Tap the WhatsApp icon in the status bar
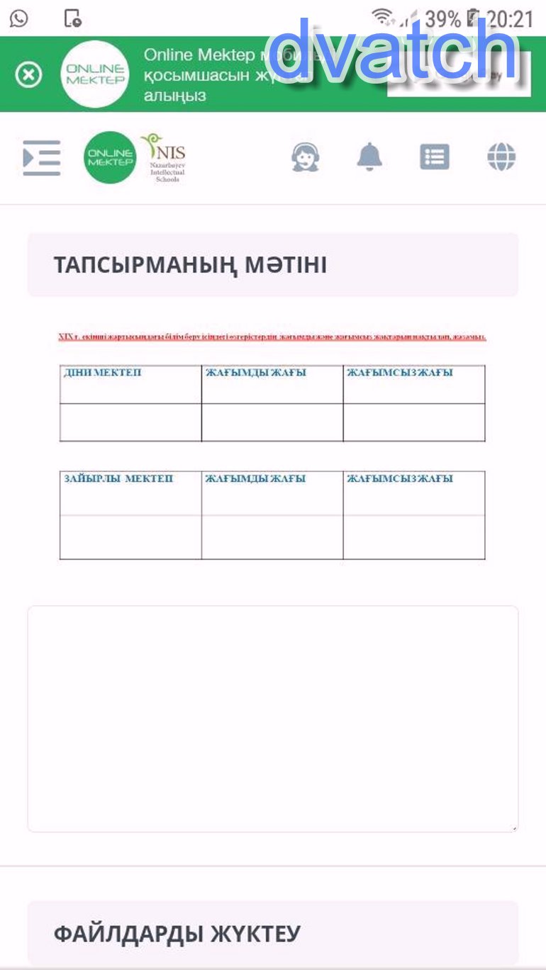pos(19,18)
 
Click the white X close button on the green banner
pos(29,74)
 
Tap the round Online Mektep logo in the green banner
pos(95,74)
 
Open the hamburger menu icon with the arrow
pos(41,157)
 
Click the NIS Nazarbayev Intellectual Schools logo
pos(164,157)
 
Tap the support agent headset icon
pos(306,157)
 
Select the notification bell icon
pos(369,157)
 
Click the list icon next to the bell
pos(435,157)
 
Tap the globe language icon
pos(501,157)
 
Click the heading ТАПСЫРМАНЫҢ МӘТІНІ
pos(190,265)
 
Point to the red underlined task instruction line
pos(272,337)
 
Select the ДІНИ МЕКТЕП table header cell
pos(103,373)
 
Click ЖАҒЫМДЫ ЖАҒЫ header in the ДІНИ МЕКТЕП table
pos(256,373)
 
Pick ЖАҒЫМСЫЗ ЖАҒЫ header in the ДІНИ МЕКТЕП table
pos(400,373)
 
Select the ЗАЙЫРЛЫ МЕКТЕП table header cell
pos(118,479)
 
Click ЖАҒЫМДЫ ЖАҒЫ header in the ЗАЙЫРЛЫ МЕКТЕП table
pos(256,479)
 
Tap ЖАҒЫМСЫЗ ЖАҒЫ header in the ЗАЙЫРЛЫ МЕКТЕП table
pos(400,479)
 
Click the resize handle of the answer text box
pos(515,828)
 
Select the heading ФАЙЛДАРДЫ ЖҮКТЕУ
pos(177,934)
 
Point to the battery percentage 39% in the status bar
pos(442,19)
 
